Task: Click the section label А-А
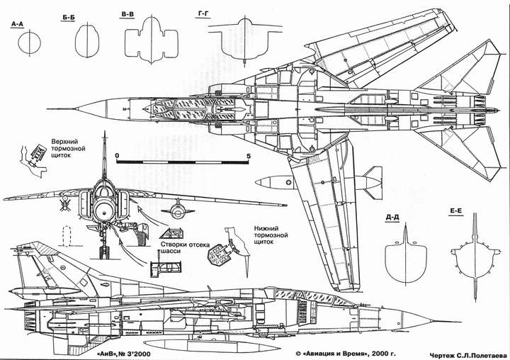tap(17, 24)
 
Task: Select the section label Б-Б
tap(67, 18)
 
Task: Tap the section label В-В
tap(127, 15)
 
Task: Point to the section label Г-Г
tap(203, 14)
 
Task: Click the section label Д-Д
tap(392, 218)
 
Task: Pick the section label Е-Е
tap(456, 211)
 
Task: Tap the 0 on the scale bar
tap(118, 156)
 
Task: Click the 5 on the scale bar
tap(249, 156)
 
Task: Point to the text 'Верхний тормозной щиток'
tap(68, 148)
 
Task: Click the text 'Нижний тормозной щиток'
tap(271, 235)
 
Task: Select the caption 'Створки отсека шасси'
tap(185, 248)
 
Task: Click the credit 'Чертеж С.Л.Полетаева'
tap(468, 354)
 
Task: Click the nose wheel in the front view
tap(104, 252)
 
